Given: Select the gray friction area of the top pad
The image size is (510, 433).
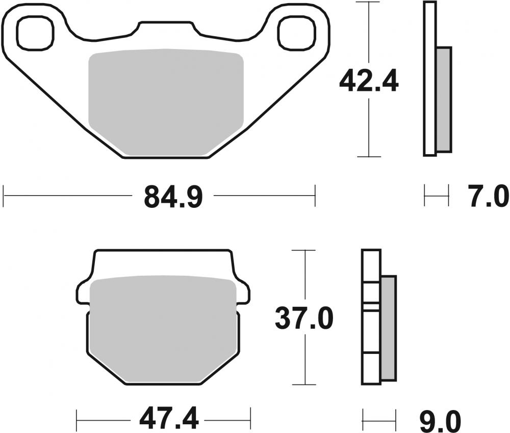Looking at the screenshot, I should pyautogui.click(x=166, y=102).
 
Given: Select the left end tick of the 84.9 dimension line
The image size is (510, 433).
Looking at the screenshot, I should pyautogui.click(x=4, y=196).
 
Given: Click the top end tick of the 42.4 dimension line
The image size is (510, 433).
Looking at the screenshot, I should pyautogui.click(x=368, y=3).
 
